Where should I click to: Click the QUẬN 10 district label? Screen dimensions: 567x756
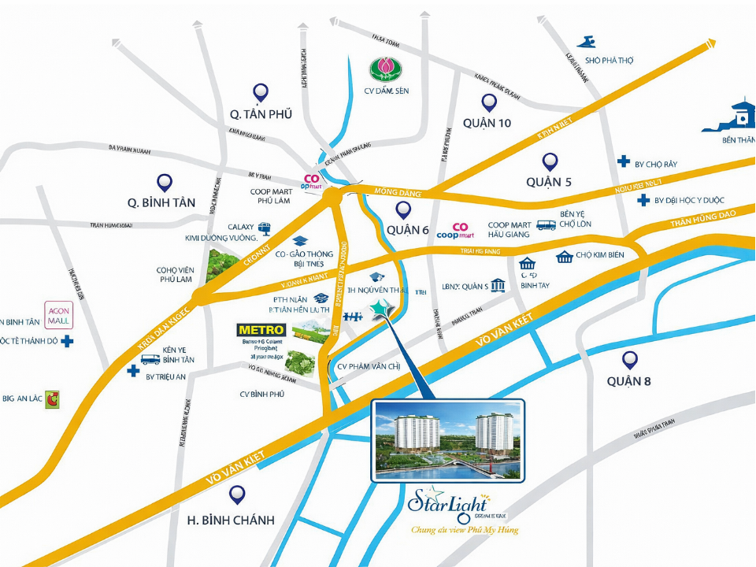[487, 123]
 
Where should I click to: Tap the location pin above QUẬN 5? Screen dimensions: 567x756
[550, 161]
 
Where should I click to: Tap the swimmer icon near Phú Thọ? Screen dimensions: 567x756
[586, 42]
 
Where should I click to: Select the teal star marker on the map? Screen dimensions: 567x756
[384, 311]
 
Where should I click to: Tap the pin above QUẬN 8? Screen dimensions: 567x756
[629, 360]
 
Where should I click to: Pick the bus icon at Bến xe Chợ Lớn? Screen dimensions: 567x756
[546, 225]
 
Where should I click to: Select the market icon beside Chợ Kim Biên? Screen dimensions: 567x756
[564, 257]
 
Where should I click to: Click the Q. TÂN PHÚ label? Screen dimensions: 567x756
[261, 114]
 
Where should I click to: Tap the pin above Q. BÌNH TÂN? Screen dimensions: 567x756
[165, 183]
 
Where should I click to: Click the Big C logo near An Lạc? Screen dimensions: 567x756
[53, 398]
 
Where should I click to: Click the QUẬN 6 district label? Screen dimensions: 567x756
[407, 230]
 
